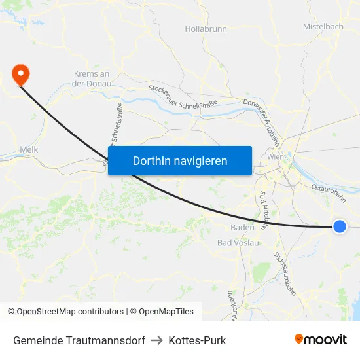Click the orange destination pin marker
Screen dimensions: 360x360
[21, 74]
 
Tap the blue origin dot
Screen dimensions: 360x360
[339, 226]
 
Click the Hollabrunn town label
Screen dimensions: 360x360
[206, 29]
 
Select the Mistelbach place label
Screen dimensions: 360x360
[323, 27]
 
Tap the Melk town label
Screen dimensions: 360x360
[29, 149]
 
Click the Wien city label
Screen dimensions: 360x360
[275, 157]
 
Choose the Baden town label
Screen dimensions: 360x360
[242, 228]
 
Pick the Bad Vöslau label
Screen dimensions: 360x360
[238, 243]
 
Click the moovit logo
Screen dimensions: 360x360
[321, 339]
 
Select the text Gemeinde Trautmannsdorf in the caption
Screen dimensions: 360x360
[79, 340]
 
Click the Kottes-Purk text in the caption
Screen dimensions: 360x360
[197, 340]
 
